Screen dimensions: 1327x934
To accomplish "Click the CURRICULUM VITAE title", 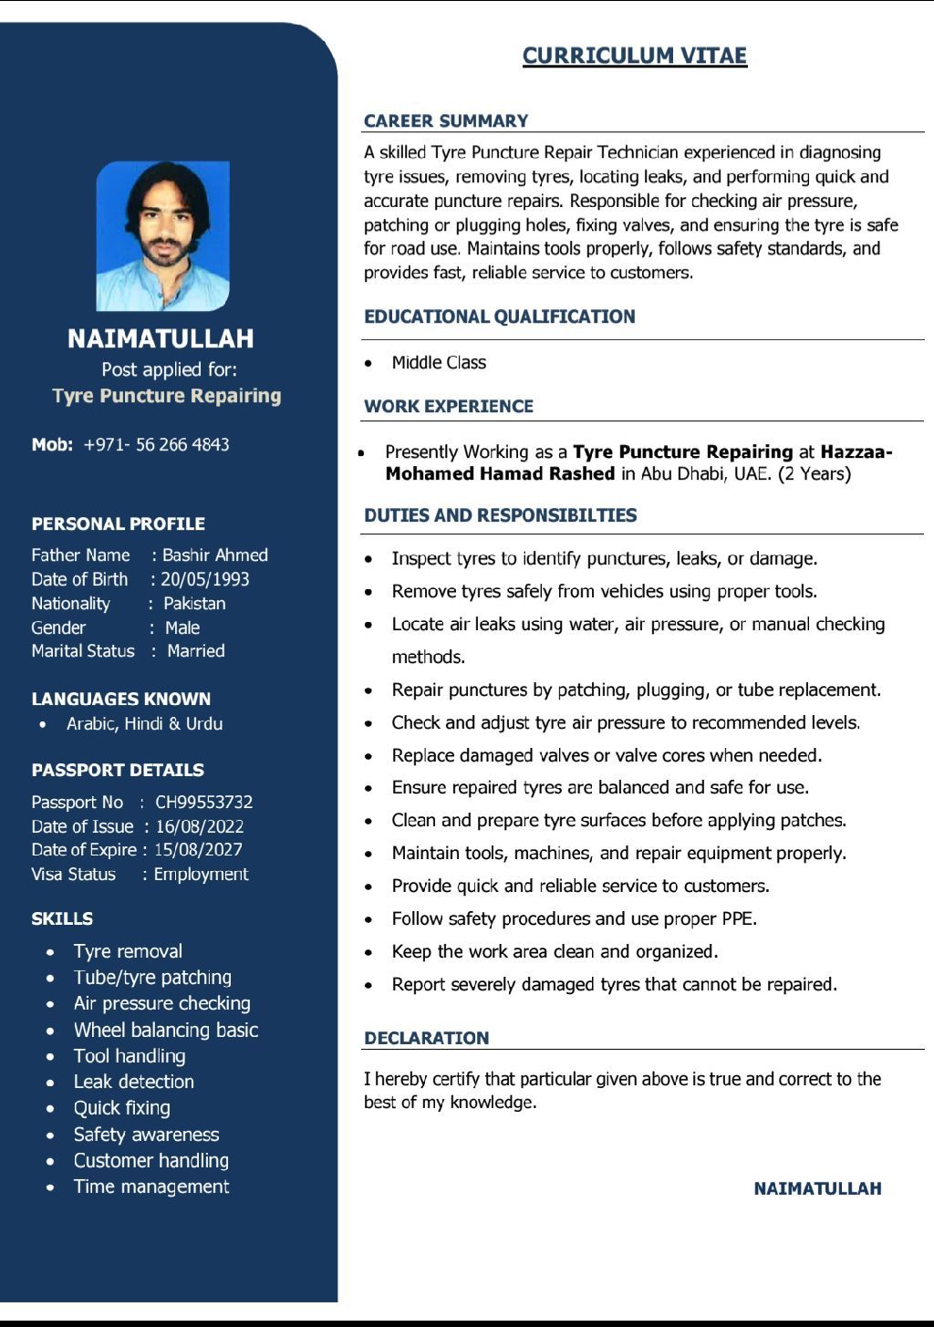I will (x=634, y=56).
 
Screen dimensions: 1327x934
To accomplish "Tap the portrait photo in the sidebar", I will (x=163, y=235).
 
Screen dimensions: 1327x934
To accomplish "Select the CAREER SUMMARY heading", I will (x=446, y=120).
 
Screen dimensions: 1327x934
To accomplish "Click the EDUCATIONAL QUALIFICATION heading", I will (x=499, y=316).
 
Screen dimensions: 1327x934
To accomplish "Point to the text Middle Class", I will (x=439, y=362).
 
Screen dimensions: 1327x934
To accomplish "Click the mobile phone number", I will (x=156, y=444).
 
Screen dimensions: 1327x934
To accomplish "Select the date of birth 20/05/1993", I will (x=204, y=579).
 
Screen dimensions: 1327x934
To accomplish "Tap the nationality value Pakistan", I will (x=193, y=603).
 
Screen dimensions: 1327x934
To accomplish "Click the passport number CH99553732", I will (x=203, y=802).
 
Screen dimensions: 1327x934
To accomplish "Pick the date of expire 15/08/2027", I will (x=198, y=849).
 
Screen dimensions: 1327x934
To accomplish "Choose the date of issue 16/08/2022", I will (x=200, y=826).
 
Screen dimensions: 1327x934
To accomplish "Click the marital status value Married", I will (x=195, y=650).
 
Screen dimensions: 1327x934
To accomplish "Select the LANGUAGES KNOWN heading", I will (x=120, y=699).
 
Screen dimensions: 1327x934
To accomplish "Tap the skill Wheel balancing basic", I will (x=165, y=1030).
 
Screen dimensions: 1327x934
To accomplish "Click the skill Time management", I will (x=150, y=1187).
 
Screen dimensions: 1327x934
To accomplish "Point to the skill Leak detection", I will (x=133, y=1082).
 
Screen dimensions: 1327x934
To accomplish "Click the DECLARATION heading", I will (x=426, y=1038).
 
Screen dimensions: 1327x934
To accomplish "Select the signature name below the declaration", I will (x=817, y=1188).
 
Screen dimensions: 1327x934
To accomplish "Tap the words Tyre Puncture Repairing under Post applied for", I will (x=167, y=396).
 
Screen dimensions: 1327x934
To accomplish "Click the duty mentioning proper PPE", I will (x=574, y=918).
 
